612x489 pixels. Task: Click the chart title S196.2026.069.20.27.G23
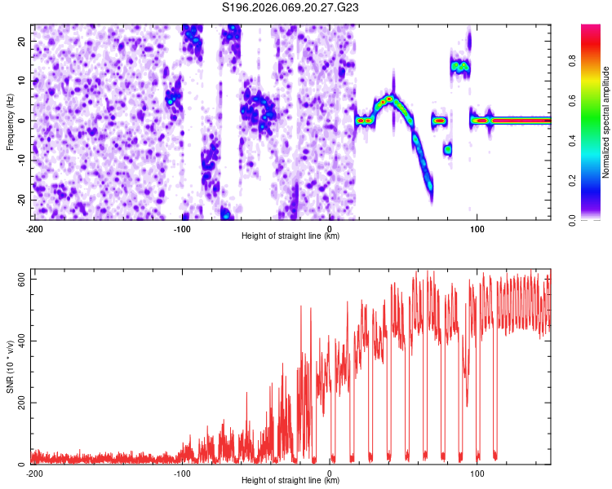pyautogui.click(x=291, y=7)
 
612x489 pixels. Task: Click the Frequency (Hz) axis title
pyautogui.click(x=10, y=121)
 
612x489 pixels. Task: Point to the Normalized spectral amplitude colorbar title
pyautogui.click(x=605, y=122)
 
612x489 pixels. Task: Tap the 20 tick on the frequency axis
pyautogui.click(x=23, y=41)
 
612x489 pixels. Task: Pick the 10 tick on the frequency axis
pyautogui.click(x=23, y=81)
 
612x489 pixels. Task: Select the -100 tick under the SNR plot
pyautogui.click(x=182, y=473)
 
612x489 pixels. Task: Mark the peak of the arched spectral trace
pyautogui.click(x=390, y=99)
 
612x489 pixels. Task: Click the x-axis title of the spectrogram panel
pyautogui.click(x=290, y=236)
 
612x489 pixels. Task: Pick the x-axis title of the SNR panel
pyautogui.click(x=290, y=480)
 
